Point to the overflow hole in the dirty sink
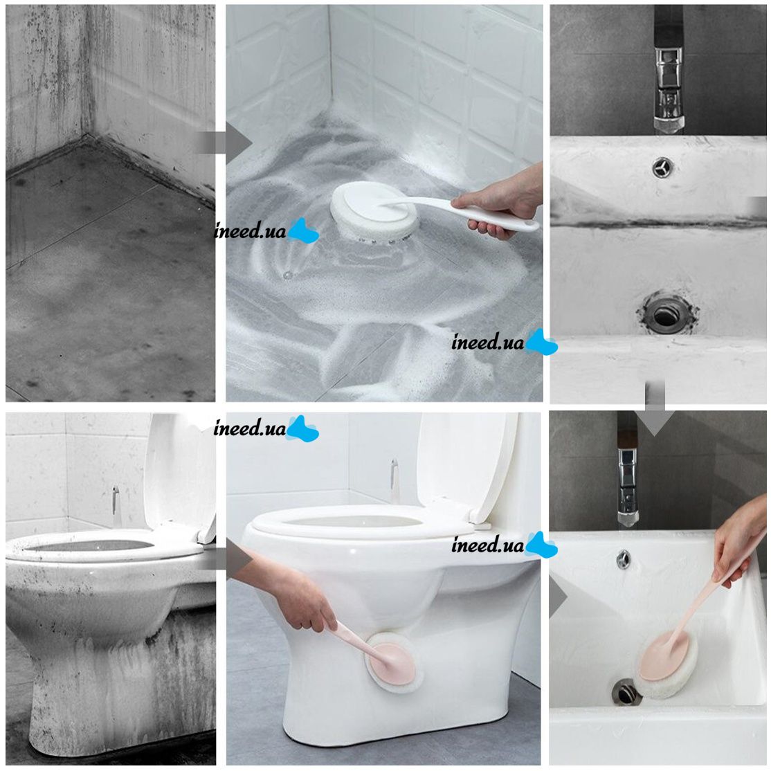[662, 168]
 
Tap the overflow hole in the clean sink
[624, 559]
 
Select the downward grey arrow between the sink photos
[655, 408]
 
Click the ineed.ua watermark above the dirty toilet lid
[266, 428]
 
